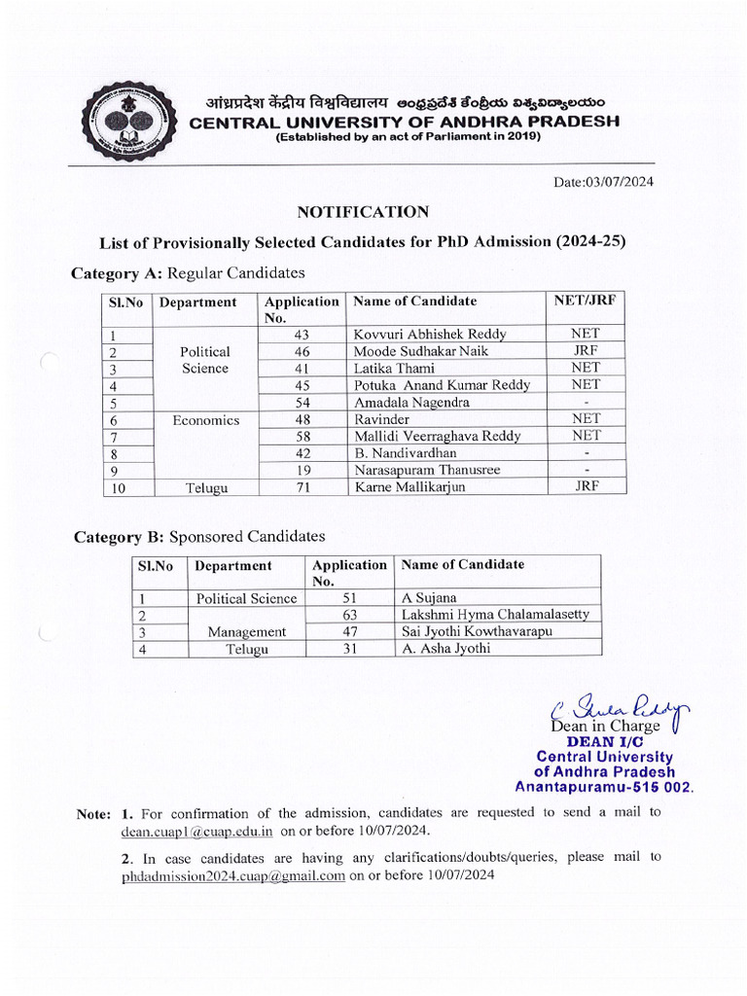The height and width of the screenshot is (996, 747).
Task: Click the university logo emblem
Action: (x=128, y=121)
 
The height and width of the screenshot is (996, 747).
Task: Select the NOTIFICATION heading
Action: (x=362, y=211)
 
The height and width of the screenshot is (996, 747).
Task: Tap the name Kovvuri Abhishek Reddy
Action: (x=430, y=334)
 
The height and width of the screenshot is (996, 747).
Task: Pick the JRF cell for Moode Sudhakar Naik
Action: (x=586, y=350)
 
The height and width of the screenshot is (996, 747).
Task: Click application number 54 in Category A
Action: (x=302, y=402)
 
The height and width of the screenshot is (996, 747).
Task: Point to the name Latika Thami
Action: (x=394, y=368)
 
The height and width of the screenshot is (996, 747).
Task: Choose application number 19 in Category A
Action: (x=302, y=471)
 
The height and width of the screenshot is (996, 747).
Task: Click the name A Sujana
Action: (x=429, y=598)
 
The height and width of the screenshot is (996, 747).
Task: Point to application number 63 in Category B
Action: (x=350, y=615)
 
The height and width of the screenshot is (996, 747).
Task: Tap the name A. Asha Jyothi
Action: (x=445, y=649)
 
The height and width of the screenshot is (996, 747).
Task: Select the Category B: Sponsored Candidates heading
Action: (x=199, y=537)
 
